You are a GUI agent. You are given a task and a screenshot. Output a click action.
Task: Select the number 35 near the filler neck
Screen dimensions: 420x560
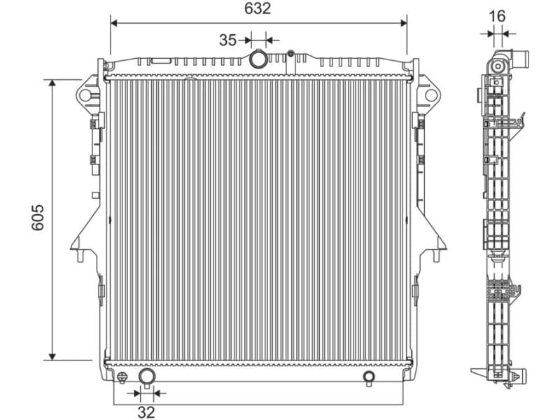pyautogui.click(x=227, y=40)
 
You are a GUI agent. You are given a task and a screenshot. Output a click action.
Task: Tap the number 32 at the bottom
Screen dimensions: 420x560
pyautogui.click(x=146, y=412)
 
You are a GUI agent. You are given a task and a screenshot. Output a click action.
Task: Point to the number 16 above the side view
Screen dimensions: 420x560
pyautogui.click(x=497, y=16)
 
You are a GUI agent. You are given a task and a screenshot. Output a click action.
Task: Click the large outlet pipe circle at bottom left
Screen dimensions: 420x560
pyautogui.click(x=147, y=377)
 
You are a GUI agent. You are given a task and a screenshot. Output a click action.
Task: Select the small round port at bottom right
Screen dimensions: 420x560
pyautogui.click(x=369, y=377)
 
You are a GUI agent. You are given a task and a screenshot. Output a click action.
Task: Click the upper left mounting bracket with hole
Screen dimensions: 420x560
pyautogui.click(x=87, y=94)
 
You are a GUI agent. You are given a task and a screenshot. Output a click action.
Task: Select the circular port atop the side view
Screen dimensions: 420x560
pyautogui.click(x=498, y=66)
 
